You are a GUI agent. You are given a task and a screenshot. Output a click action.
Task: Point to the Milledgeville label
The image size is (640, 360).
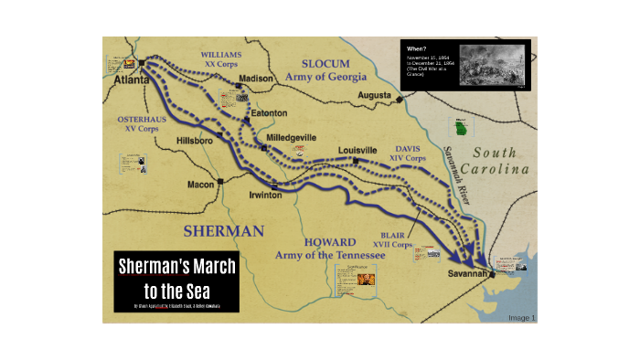point(291,138)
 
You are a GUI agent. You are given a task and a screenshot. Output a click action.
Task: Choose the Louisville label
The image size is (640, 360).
point(357,150)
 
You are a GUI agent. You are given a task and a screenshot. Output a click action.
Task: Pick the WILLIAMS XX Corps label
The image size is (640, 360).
point(222,60)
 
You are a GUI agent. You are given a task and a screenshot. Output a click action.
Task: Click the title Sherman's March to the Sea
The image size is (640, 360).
point(176,278)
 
